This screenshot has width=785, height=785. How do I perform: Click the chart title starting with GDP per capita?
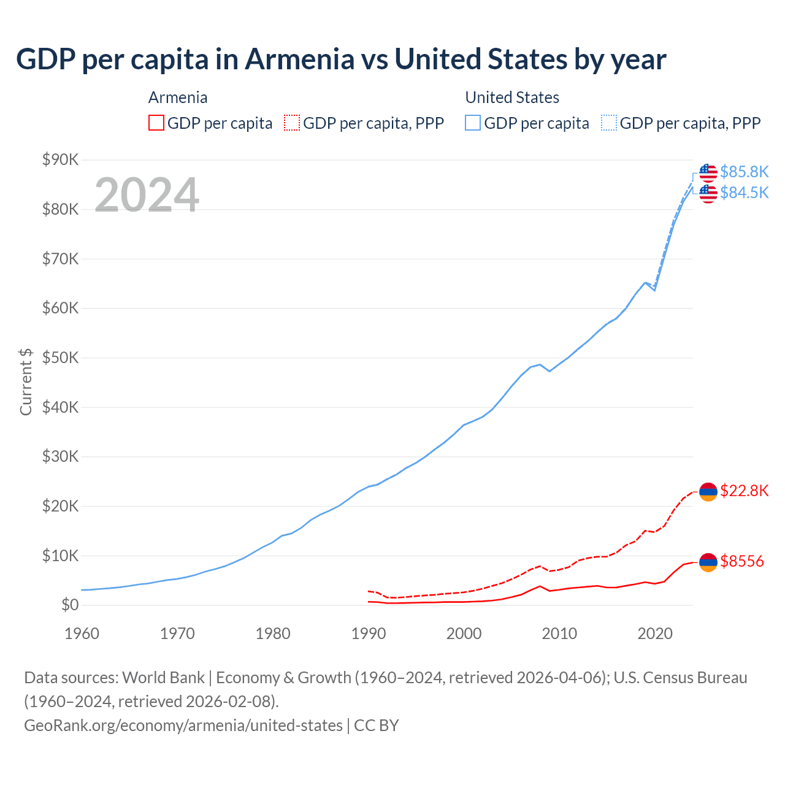click(341, 59)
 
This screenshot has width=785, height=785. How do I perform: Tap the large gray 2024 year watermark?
click(147, 195)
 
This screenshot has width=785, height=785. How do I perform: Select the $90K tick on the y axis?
click(61, 160)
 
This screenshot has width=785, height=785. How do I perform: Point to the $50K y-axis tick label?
click(61, 358)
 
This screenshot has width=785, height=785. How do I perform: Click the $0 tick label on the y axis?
click(70, 605)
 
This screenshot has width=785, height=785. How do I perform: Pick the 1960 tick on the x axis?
click(82, 634)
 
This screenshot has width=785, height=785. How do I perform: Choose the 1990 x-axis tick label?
click(368, 634)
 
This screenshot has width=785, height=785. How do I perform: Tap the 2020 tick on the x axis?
click(655, 634)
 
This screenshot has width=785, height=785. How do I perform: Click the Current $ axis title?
click(26, 381)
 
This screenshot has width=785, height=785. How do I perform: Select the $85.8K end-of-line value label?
click(744, 172)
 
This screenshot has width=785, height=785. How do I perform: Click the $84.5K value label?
click(744, 193)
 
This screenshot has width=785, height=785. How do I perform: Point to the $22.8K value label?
click(744, 491)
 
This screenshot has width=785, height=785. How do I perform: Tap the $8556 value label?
click(742, 561)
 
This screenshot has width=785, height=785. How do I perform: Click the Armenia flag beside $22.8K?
click(708, 492)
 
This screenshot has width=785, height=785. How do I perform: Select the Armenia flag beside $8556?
click(708, 562)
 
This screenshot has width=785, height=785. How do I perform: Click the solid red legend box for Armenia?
click(156, 123)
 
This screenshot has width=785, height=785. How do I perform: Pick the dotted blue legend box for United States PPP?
click(609, 123)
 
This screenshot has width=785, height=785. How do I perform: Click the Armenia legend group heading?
click(178, 98)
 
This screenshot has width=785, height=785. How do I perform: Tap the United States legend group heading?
click(512, 98)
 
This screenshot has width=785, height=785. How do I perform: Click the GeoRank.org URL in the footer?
click(183, 726)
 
